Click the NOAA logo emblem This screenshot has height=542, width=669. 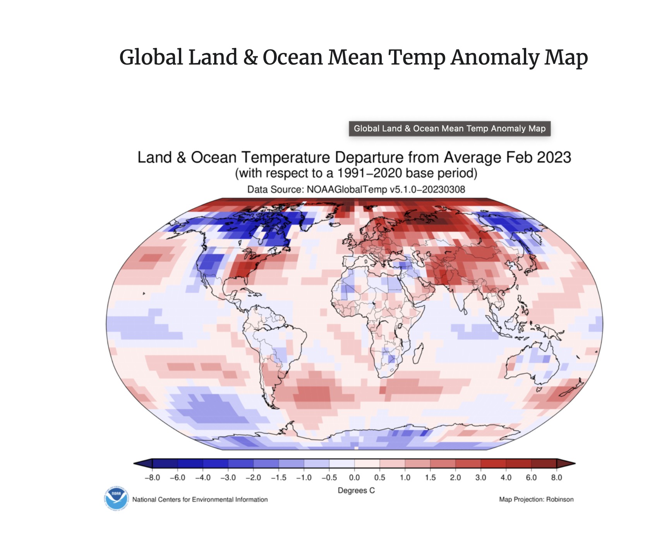116,498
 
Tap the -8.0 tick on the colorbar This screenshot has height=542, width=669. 152,477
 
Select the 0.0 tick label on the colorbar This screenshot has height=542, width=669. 354,477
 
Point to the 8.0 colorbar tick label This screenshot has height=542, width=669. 556,477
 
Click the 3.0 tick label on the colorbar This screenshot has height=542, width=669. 480,477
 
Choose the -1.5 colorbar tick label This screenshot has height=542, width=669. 278,477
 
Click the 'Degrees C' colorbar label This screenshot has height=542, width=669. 356,490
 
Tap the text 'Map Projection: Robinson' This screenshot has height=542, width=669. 536,499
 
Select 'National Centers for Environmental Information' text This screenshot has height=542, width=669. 200,499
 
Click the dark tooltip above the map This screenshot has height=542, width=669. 449,129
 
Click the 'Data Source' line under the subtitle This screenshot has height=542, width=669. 356,189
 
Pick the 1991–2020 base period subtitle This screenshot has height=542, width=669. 356,173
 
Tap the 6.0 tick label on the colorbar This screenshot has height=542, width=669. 531,477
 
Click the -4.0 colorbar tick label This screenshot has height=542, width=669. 202,477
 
